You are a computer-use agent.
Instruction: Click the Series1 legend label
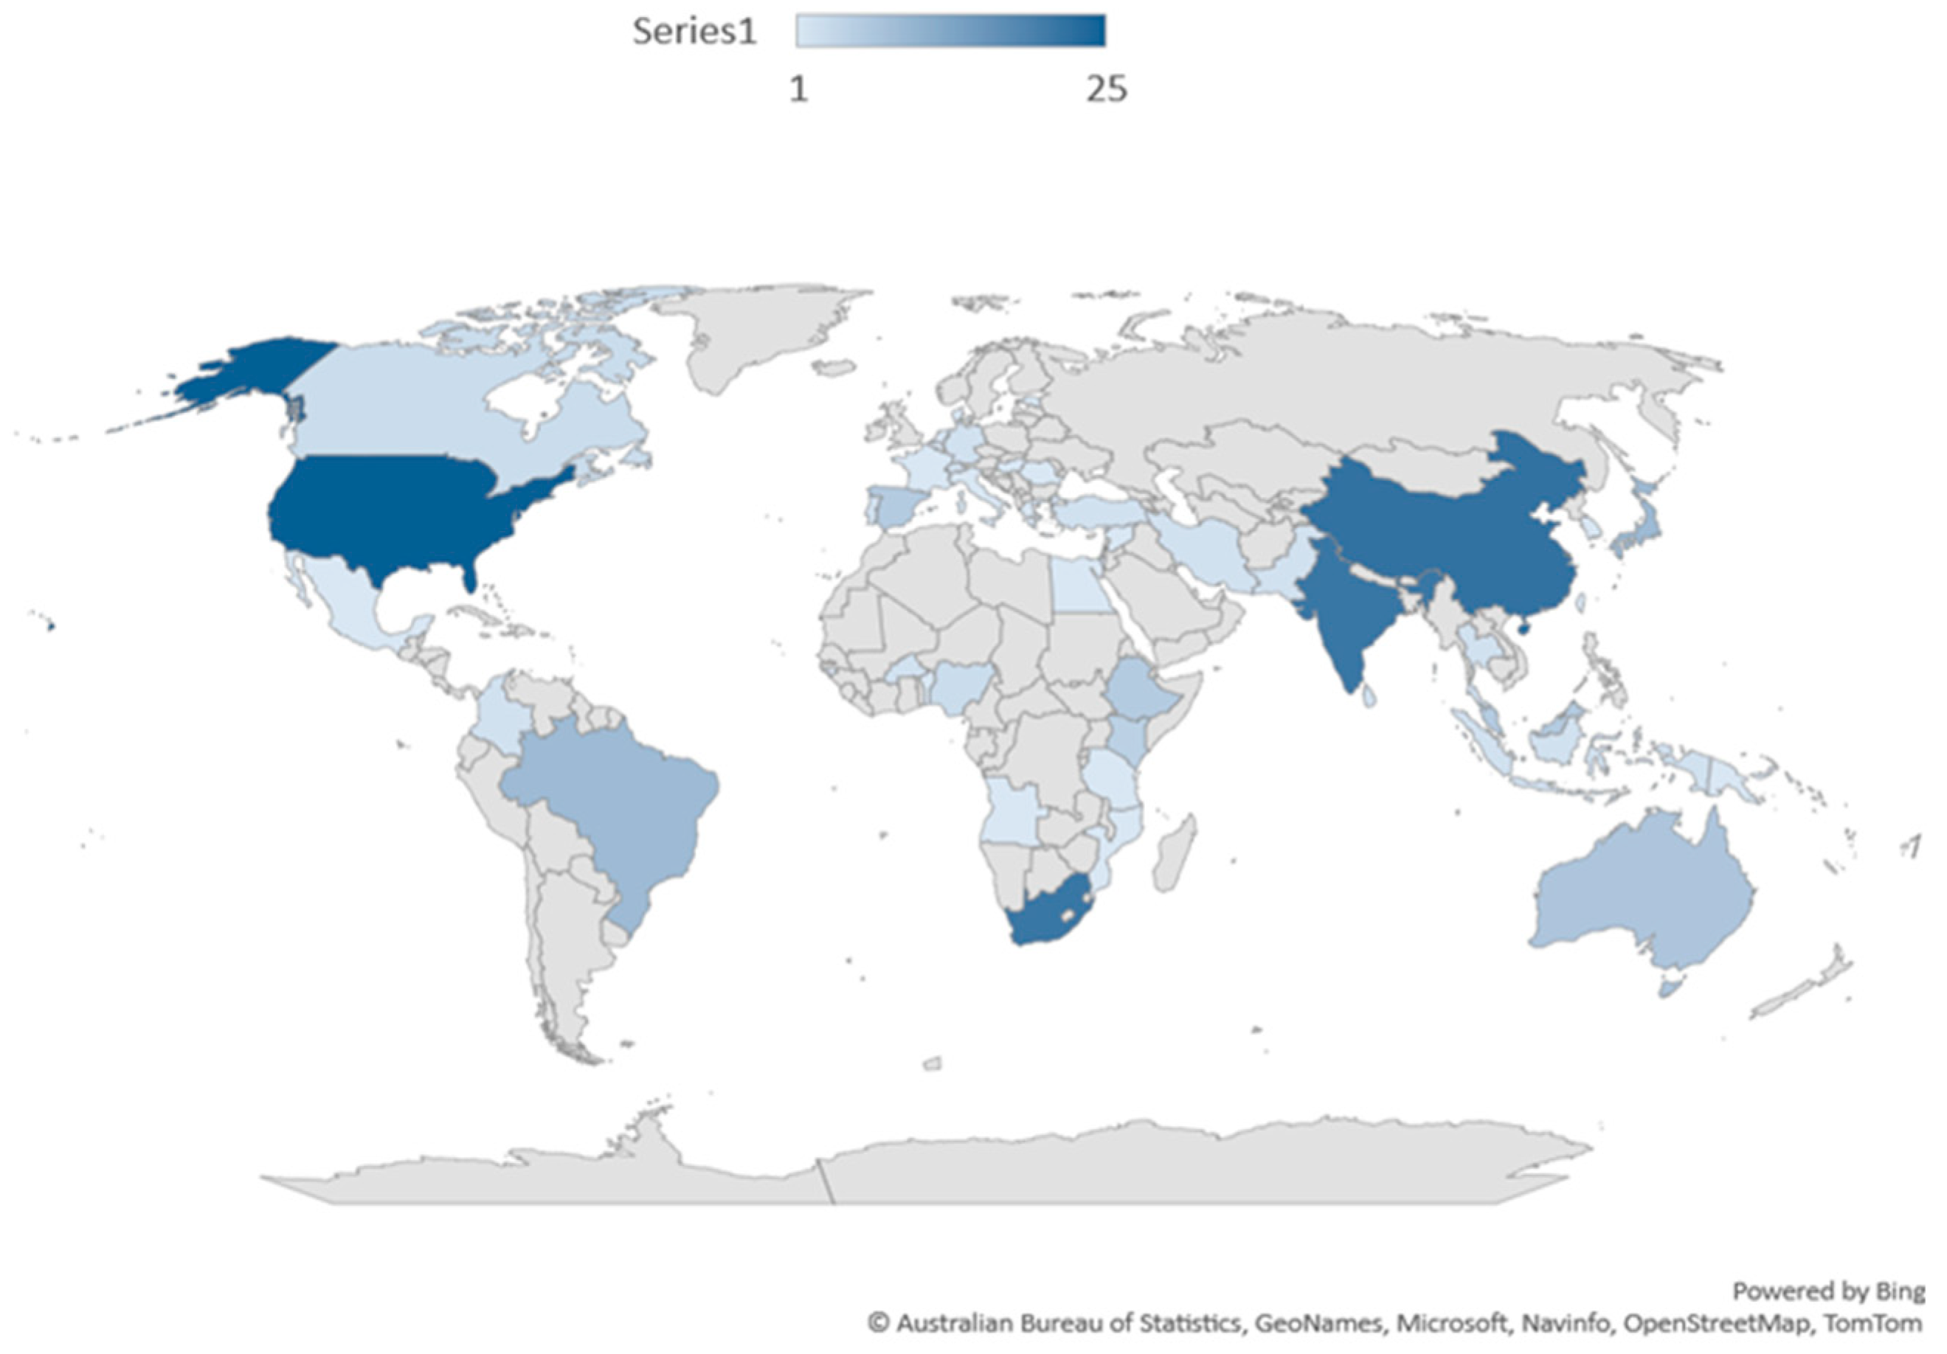point(694,32)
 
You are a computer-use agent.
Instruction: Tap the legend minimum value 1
point(799,88)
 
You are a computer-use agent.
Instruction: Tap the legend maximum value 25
point(1107,88)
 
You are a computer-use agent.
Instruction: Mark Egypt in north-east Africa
point(1079,585)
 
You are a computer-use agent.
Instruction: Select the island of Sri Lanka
point(1368,697)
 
